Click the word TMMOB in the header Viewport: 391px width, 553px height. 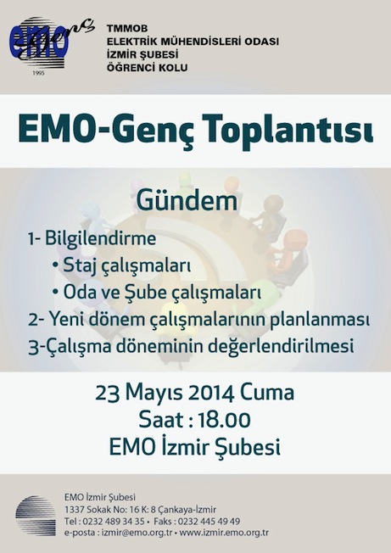coord(127,28)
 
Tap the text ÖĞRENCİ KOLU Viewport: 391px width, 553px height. coord(148,67)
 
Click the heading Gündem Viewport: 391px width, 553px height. coord(187,201)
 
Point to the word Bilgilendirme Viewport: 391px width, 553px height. coord(100,238)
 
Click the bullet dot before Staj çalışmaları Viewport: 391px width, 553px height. coord(55,264)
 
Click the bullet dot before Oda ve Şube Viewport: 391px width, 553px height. coord(55,292)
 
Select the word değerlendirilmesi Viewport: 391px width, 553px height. coord(281,346)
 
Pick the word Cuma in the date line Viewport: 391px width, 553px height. coord(267,393)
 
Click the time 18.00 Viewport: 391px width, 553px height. coord(224,420)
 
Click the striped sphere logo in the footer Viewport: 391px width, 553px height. coord(36,516)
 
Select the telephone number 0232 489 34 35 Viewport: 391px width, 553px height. coord(115,522)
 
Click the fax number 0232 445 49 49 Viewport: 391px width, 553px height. coord(209,522)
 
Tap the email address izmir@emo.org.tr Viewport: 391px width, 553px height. coord(137,533)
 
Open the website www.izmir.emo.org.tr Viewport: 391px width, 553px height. coord(224,533)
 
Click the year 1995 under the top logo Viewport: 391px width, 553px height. coord(38,73)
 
